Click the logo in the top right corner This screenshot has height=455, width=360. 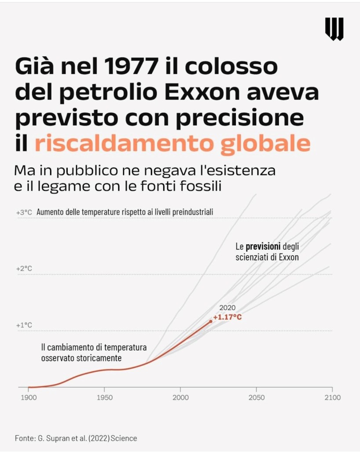[x=334, y=29]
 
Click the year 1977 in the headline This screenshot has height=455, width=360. [x=131, y=66]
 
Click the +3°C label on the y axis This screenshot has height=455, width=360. [x=24, y=212]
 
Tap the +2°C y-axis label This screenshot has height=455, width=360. [x=24, y=268]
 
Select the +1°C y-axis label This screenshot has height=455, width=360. [x=24, y=325]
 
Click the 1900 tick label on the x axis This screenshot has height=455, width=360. [x=29, y=397]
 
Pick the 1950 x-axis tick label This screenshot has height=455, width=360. [x=104, y=397]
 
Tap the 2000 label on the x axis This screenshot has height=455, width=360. [x=180, y=397]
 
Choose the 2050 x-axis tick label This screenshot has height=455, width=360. [x=257, y=397]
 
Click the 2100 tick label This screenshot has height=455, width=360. [x=332, y=397]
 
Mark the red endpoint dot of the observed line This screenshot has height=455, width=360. [x=211, y=321]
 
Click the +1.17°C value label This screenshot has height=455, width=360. [x=227, y=317]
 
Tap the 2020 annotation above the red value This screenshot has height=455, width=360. [x=227, y=308]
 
